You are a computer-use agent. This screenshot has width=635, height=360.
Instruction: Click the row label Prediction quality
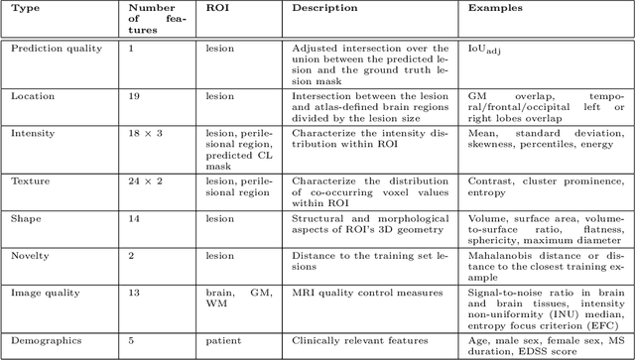tap(54, 48)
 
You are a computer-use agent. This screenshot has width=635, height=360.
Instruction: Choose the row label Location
tap(32, 96)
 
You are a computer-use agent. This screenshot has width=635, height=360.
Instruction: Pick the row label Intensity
tap(33, 132)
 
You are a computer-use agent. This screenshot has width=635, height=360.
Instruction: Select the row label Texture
tap(30, 180)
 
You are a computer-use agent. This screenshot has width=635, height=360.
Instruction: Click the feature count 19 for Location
tap(135, 96)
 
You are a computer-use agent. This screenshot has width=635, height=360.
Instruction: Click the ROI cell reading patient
tap(223, 338)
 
